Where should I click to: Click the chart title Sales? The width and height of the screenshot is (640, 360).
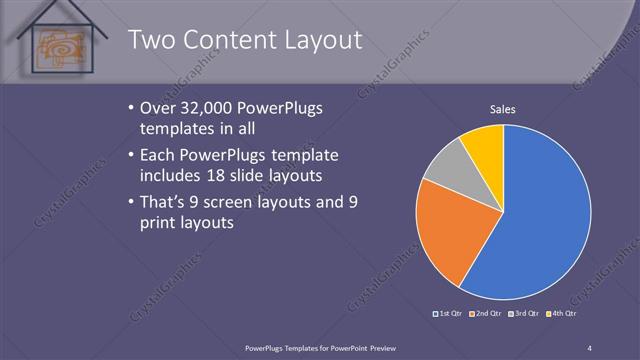[x=502, y=109]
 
